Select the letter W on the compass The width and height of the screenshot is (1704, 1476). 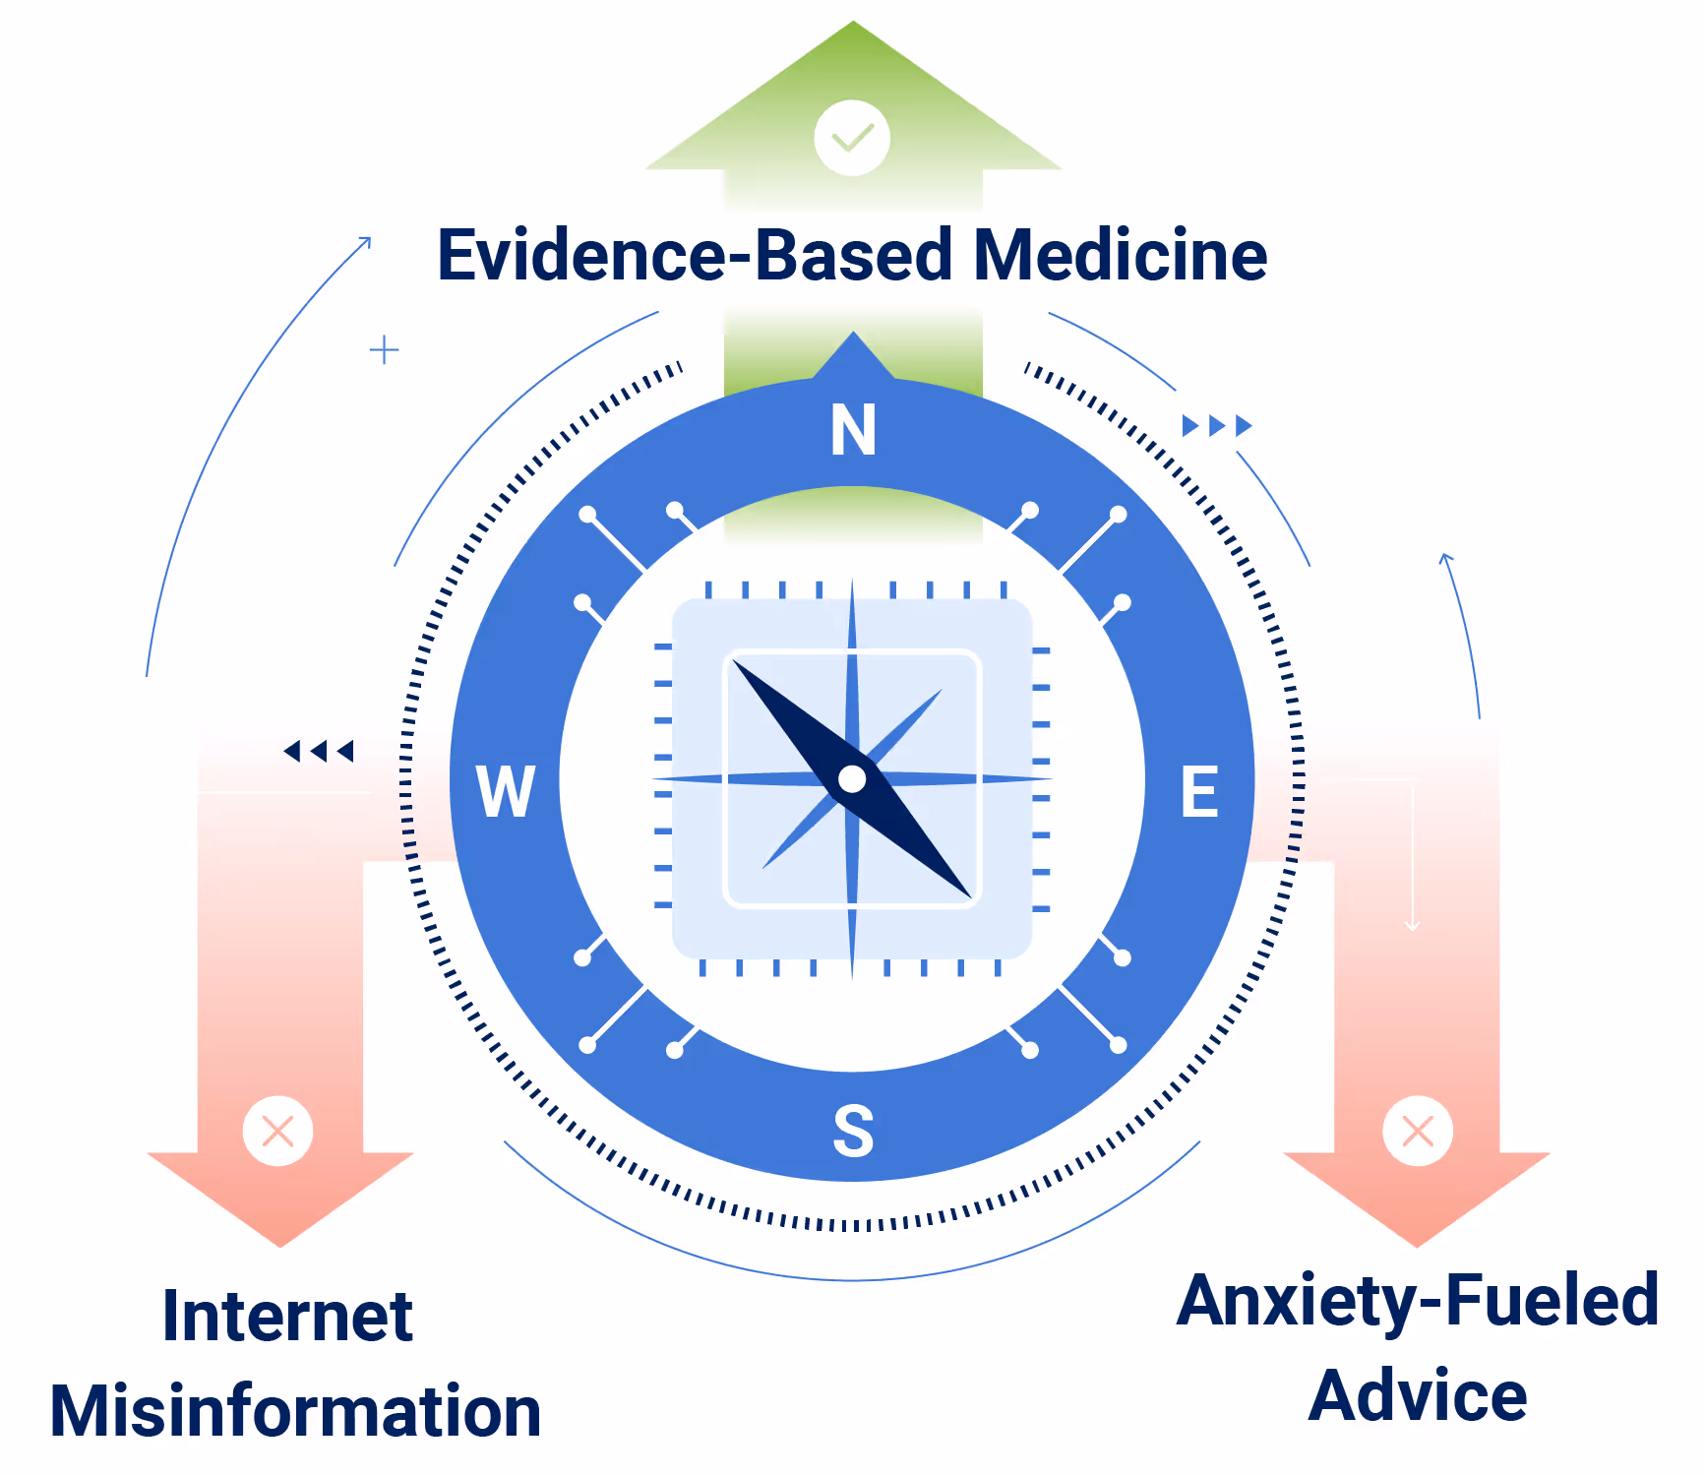coord(506,791)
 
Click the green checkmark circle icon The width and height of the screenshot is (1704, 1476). coord(852,138)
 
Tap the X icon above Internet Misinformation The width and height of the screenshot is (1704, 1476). coord(278,1131)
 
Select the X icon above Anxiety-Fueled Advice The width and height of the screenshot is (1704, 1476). coord(1417,1131)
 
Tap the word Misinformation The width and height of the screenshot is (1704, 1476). coord(295,1411)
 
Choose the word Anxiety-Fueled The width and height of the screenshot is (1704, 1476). coord(1417,1301)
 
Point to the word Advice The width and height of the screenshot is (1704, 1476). coord(1417,1395)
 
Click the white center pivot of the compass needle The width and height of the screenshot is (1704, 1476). coord(852,779)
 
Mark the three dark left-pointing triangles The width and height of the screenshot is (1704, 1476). coord(318,752)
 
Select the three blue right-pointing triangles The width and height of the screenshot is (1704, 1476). coord(1217,425)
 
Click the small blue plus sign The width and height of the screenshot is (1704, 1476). coord(384,349)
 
